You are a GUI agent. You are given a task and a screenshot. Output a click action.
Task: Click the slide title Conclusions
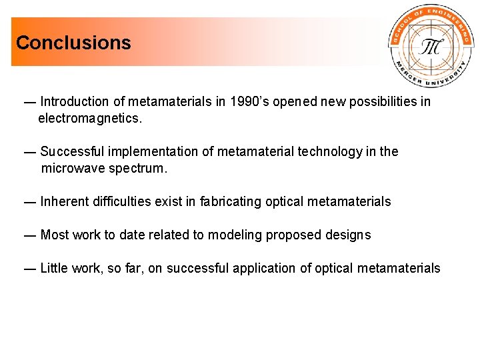(73, 43)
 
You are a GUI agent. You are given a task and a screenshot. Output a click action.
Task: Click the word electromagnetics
(90, 119)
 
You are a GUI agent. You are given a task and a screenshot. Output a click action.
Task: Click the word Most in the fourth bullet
(55, 235)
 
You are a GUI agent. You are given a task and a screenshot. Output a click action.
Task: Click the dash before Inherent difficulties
(29, 201)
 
